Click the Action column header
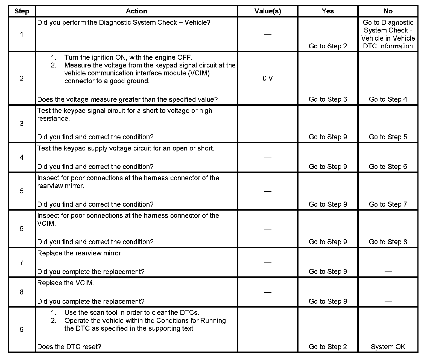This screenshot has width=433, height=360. [x=136, y=11]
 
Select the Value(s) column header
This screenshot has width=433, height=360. [x=268, y=11]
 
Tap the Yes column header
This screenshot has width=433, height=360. [x=328, y=11]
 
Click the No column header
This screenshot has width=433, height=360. [x=388, y=11]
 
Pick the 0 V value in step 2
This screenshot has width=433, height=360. [x=268, y=78]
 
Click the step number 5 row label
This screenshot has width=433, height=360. [x=22, y=191]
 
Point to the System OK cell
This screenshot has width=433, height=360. [x=388, y=347]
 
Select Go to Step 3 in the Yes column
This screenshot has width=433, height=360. [x=328, y=99]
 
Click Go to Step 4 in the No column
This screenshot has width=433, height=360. [x=388, y=99]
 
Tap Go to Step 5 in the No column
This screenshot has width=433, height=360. [x=388, y=137]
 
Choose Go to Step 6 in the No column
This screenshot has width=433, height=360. [x=388, y=167]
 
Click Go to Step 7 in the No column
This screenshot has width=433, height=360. [x=388, y=204]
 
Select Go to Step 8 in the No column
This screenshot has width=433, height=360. [x=388, y=242]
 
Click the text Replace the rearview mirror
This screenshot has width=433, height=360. [x=80, y=253]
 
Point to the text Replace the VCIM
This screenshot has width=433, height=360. [x=66, y=283]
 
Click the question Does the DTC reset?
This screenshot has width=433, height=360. [x=69, y=347]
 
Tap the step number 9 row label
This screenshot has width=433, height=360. [x=22, y=330]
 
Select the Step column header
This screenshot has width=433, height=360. [x=22, y=11]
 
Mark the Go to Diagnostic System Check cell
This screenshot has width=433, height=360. [x=388, y=34]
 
